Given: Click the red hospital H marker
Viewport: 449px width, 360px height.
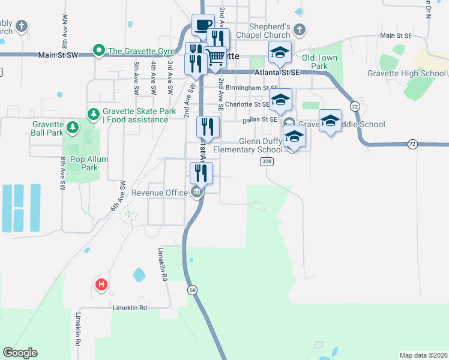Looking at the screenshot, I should coord(101,284).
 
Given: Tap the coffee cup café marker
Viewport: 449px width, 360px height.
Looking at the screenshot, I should coord(203,25).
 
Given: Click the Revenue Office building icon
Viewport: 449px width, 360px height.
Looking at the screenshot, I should coord(196,193).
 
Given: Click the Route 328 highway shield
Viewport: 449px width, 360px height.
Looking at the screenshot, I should coord(267,161).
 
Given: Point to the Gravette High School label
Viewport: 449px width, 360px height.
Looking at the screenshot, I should coord(406,74).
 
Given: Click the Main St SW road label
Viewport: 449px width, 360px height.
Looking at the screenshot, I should coord(58,55).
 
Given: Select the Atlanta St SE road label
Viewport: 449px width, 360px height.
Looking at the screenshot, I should coord(276,72).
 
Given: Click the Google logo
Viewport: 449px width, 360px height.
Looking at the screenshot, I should coord(20,353).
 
